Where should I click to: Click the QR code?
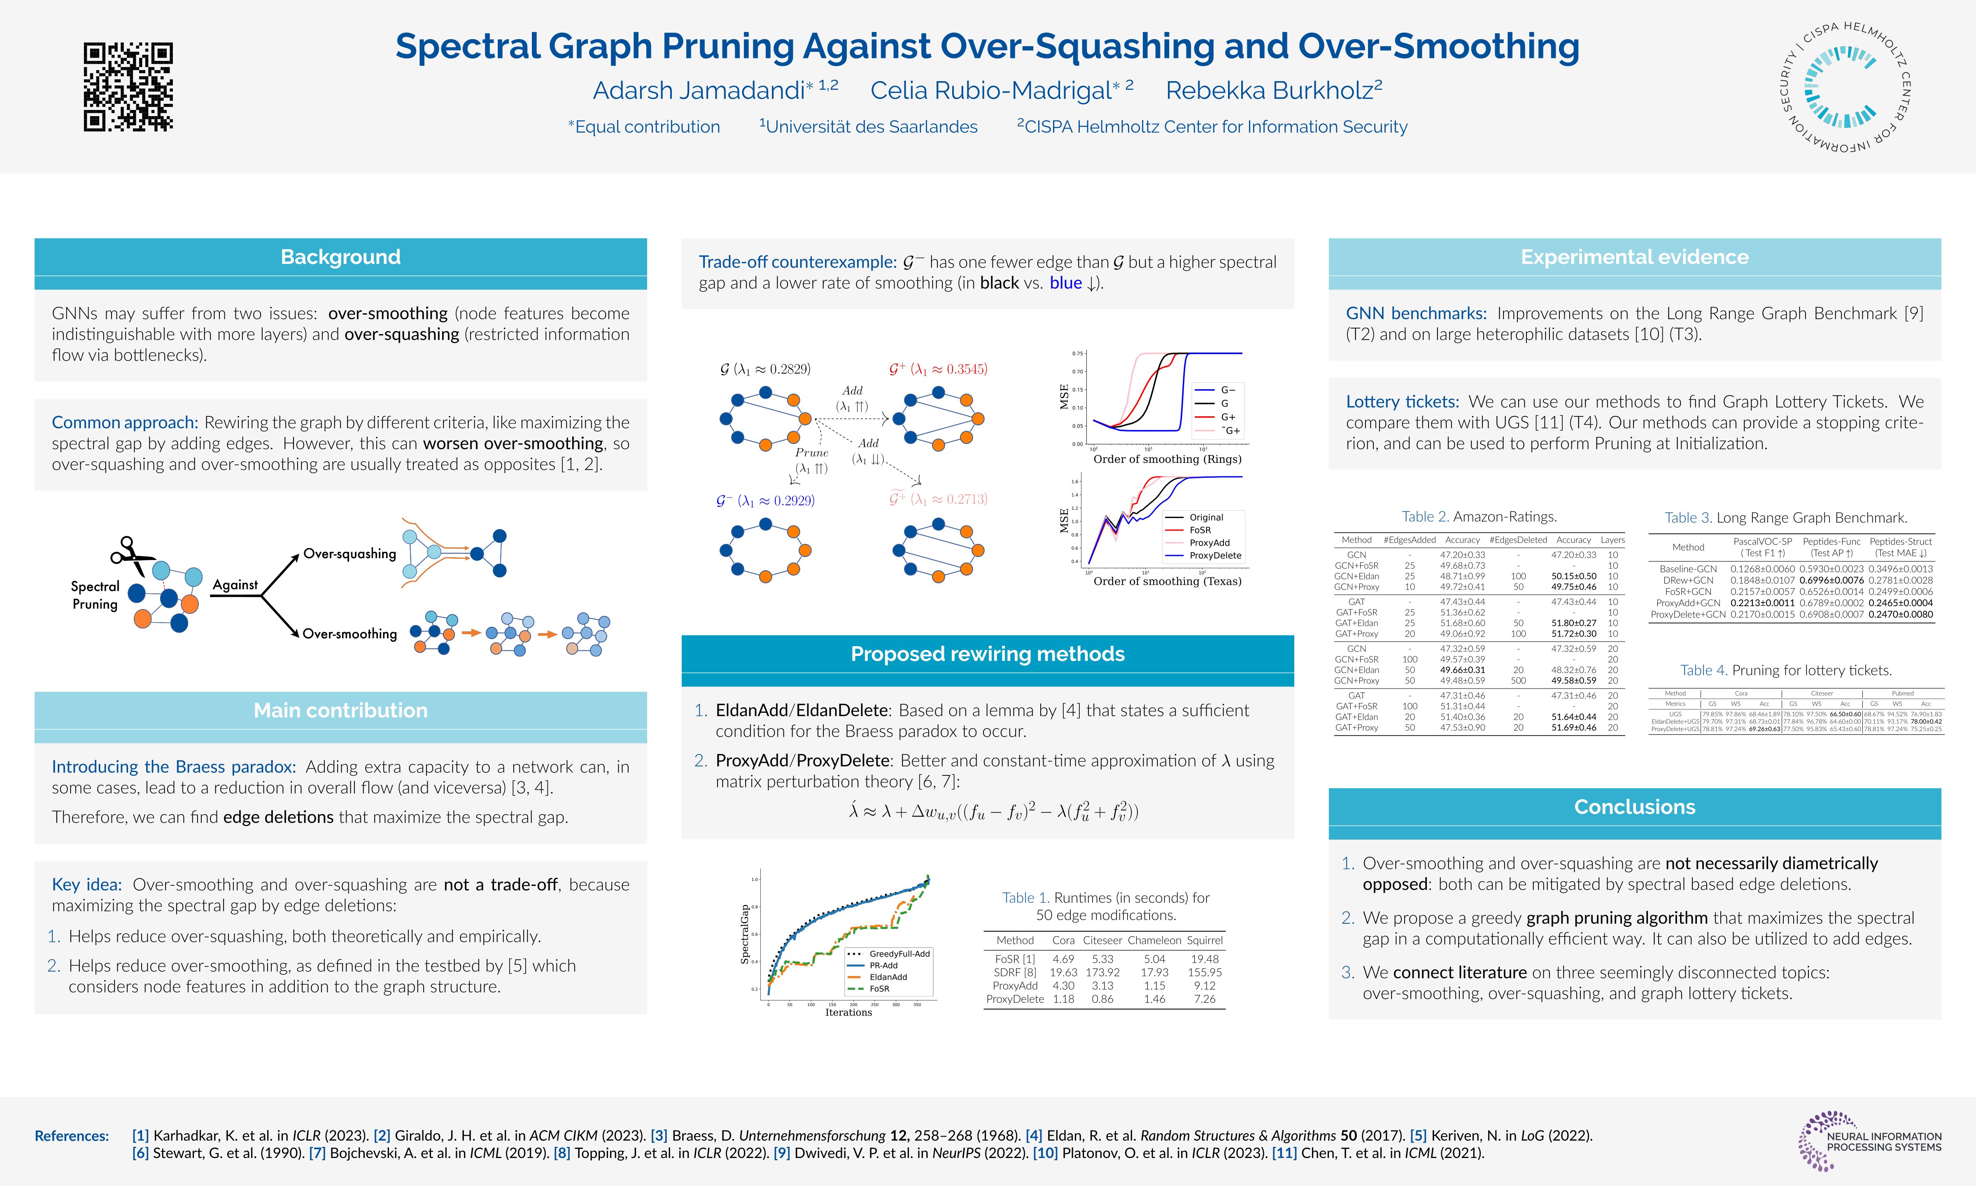pyautogui.click(x=128, y=86)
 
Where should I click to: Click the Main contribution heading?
pyautogui.click(x=340, y=710)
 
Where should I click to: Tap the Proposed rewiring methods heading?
pyautogui.click(x=987, y=654)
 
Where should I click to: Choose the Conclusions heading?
pyautogui.click(x=1634, y=807)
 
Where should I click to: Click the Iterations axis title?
pyautogui.click(x=848, y=1013)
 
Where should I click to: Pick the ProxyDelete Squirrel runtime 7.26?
pyautogui.click(x=1205, y=999)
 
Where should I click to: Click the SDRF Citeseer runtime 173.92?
pyautogui.click(x=1102, y=973)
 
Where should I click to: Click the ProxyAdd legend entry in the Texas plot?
pyautogui.click(x=1209, y=543)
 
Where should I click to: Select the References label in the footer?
pyautogui.click(x=72, y=1136)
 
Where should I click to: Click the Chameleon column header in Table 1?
pyautogui.click(x=1154, y=941)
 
